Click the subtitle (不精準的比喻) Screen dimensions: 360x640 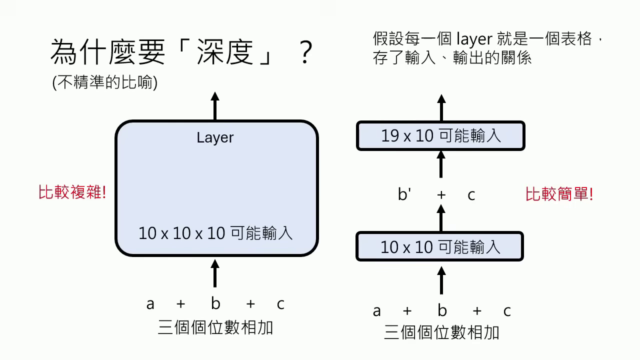click(x=105, y=82)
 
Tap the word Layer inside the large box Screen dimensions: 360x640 click(x=215, y=137)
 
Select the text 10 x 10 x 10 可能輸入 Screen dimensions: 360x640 click(x=215, y=233)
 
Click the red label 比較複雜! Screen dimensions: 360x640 click(x=72, y=192)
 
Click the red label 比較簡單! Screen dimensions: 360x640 click(x=559, y=194)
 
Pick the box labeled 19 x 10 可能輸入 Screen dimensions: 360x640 click(x=440, y=136)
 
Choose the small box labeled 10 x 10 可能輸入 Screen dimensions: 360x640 click(x=439, y=246)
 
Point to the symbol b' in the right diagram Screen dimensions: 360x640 click(x=404, y=195)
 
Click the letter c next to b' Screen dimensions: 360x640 click(x=471, y=195)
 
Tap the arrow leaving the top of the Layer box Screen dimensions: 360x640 click(x=215, y=106)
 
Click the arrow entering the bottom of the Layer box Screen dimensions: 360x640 click(x=215, y=272)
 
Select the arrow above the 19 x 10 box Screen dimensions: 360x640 click(x=441, y=107)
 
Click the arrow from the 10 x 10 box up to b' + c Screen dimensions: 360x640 click(x=441, y=218)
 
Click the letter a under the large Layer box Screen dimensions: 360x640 click(x=150, y=304)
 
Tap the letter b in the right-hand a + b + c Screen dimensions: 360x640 click(x=442, y=311)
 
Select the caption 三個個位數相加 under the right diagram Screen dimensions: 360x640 click(x=441, y=332)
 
